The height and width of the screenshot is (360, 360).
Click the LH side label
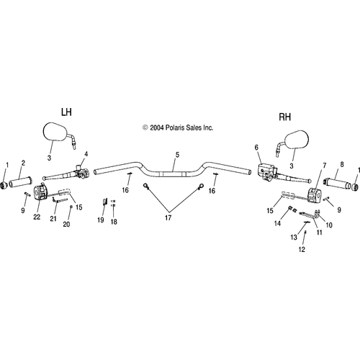click(66, 112)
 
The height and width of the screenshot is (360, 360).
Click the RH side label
click(285, 117)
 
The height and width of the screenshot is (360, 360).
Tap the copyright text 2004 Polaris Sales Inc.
click(178, 127)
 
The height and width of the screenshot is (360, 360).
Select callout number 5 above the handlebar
click(177, 155)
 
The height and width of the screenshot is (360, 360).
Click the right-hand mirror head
click(296, 140)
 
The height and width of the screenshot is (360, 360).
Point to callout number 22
click(37, 217)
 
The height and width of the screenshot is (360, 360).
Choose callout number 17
click(168, 217)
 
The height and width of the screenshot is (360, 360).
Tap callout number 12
click(302, 249)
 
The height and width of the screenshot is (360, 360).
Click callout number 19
click(101, 220)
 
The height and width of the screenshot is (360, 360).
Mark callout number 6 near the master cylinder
click(256, 148)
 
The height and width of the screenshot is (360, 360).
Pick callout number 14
click(277, 223)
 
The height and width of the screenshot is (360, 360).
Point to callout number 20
click(66, 224)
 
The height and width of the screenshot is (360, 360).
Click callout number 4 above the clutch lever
click(86, 154)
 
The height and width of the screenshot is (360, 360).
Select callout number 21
click(53, 218)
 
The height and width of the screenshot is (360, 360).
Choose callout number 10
click(329, 225)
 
